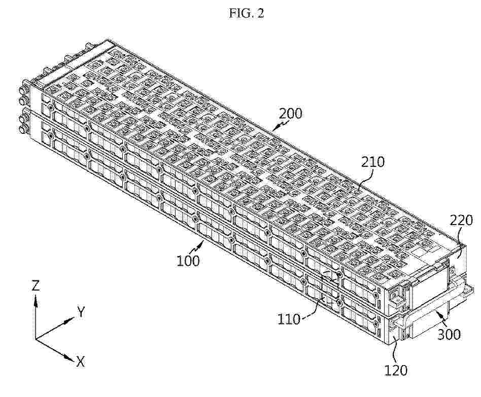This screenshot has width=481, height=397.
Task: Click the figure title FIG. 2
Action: tap(246, 13)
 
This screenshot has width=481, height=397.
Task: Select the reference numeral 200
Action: tap(291, 114)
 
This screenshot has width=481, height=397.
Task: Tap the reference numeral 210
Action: tap(373, 162)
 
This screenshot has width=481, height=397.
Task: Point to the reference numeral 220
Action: tap(461, 221)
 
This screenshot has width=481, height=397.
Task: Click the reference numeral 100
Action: tap(188, 261)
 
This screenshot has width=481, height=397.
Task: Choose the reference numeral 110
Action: tap(289, 319)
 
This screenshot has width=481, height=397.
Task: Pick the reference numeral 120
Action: tap(396, 370)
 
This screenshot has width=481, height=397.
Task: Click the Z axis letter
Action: tap(36, 286)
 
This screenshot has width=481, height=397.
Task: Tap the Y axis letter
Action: tap(81, 312)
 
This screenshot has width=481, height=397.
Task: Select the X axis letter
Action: tap(80, 362)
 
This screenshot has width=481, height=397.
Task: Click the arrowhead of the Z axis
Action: tap(36, 301)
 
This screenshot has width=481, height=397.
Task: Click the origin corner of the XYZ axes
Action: tap(36, 339)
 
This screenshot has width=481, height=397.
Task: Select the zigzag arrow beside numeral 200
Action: tap(280, 125)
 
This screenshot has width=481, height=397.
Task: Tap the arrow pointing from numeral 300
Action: tap(440, 318)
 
